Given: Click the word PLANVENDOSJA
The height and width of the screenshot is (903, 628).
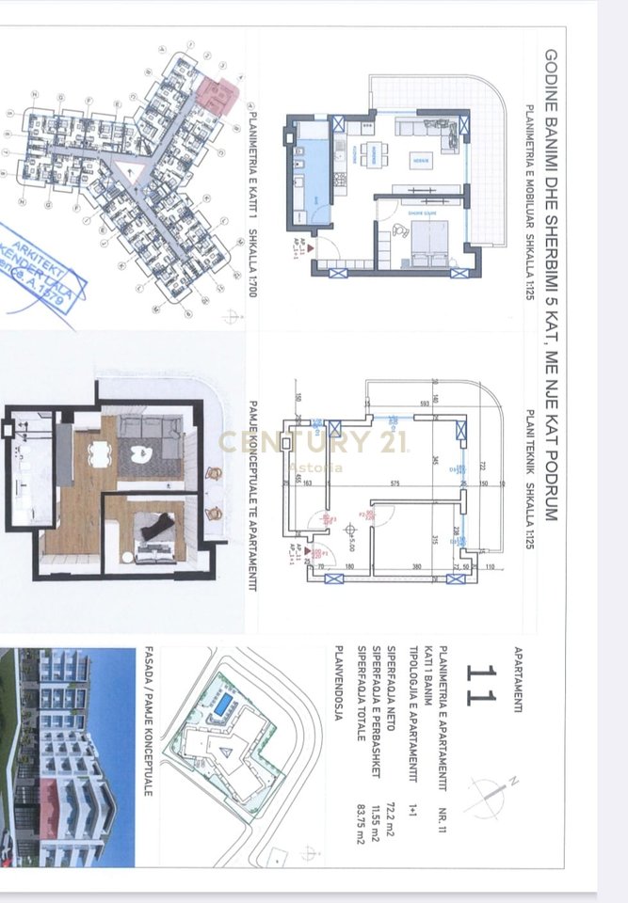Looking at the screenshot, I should pos(340,683).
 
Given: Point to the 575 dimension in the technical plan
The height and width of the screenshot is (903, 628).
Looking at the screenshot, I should pos(395,483).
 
